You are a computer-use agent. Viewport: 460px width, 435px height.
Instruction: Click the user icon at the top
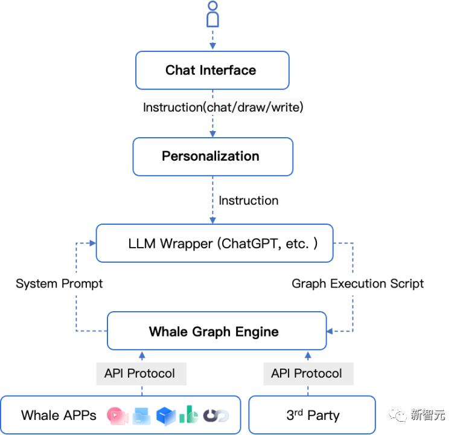tap(212, 14)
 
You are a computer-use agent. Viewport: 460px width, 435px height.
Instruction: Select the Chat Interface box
tap(212, 70)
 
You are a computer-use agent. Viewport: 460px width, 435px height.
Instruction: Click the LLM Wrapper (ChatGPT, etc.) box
tap(214, 243)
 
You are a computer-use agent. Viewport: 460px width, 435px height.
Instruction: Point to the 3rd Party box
tap(312, 415)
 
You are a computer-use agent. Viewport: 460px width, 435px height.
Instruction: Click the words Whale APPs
tap(58, 415)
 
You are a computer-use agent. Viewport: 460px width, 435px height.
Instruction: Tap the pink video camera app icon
tap(117, 415)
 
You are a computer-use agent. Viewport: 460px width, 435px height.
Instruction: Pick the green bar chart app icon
tap(188, 414)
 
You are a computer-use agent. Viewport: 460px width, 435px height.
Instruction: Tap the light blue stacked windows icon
tap(141, 415)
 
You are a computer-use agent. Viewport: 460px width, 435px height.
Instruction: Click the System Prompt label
tap(59, 283)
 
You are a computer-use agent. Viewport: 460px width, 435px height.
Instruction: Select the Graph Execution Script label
tap(357, 283)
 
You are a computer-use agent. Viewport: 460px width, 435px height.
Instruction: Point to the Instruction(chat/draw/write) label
tap(223, 108)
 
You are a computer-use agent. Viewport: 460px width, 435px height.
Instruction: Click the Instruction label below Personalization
tap(248, 200)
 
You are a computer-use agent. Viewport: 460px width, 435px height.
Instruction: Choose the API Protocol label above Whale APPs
tap(139, 373)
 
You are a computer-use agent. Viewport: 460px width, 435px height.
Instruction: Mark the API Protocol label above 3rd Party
tap(306, 373)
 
